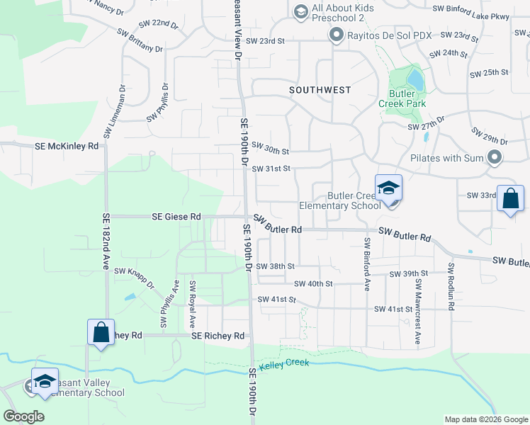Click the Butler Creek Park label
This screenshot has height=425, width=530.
coord(407,98)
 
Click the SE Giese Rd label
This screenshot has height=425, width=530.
coord(171,216)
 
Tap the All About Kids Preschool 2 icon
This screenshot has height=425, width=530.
coord(300,11)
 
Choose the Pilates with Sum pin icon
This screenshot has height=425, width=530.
coord(495,157)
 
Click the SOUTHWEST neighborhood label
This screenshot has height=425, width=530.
coord(320,90)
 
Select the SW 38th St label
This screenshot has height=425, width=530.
coord(275,266)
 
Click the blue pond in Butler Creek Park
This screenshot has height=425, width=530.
coord(415,80)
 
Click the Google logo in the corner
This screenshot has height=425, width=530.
coord(24,416)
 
